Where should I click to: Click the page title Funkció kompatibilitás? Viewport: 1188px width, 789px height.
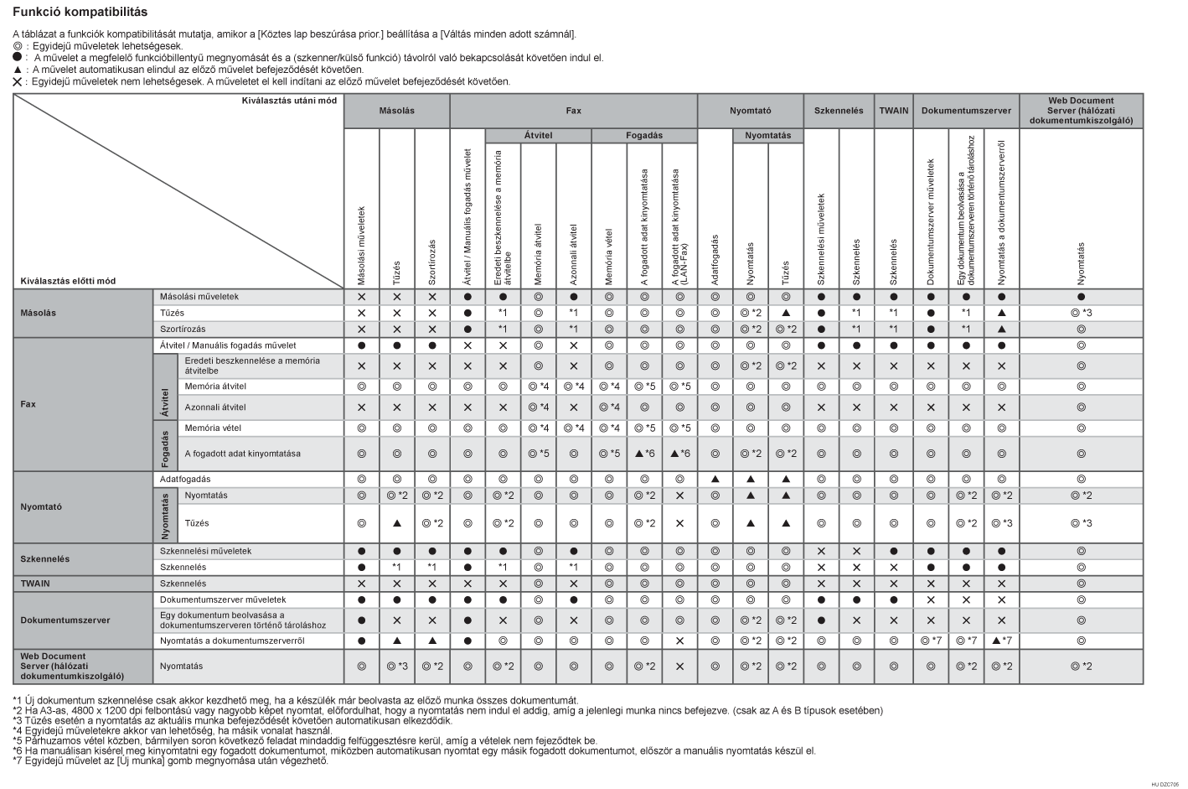[80, 13]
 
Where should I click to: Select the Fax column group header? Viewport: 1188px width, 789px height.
[573, 111]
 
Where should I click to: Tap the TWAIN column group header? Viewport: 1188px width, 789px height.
[893, 111]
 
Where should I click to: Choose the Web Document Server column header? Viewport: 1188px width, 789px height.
[1081, 111]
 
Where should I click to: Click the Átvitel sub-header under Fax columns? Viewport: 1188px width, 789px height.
[538, 135]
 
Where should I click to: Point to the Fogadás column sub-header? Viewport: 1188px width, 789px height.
[643, 135]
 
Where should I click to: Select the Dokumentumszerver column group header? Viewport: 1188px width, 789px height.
[966, 111]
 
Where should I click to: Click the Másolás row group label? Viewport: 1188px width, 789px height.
[38, 313]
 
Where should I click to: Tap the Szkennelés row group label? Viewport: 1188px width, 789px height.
[45, 559]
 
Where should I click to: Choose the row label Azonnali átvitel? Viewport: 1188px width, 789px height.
[215, 407]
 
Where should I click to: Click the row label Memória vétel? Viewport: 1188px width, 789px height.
[213, 428]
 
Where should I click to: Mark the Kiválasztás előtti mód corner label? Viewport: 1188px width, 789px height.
[69, 281]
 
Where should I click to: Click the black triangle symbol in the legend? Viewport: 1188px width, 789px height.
[17, 70]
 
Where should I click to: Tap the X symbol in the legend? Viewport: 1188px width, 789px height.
[17, 81]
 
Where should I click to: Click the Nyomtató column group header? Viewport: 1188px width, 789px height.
[750, 111]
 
